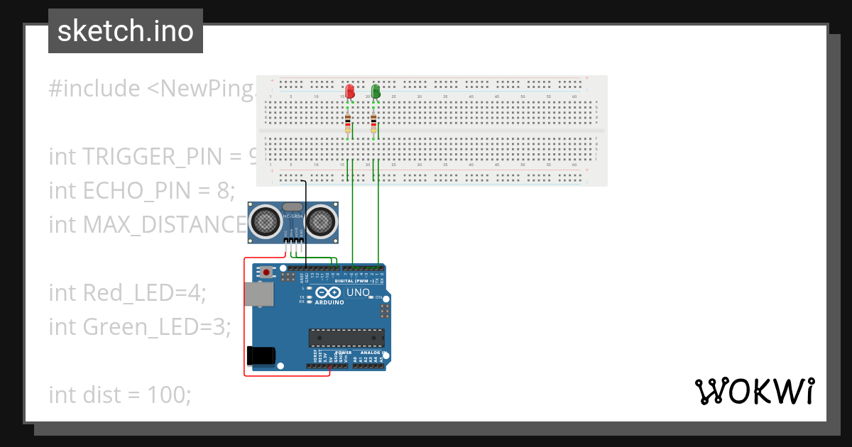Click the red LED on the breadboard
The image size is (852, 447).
(x=349, y=91)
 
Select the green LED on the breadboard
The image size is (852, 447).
(x=376, y=91)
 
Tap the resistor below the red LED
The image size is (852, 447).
(x=347, y=123)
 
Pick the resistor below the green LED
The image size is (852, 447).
(x=373, y=123)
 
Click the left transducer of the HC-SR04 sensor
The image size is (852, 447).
(x=266, y=221)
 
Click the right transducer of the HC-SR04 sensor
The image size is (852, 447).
(x=321, y=221)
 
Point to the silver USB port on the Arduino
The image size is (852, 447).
(x=256, y=294)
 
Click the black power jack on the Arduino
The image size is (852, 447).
(x=259, y=355)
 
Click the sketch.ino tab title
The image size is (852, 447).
(x=126, y=31)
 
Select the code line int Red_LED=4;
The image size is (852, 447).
(x=127, y=292)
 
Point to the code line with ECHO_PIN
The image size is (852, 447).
(x=141, y=190)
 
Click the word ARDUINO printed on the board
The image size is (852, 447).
(x=328, y=302)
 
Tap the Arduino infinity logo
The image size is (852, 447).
(x=329, y=292)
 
